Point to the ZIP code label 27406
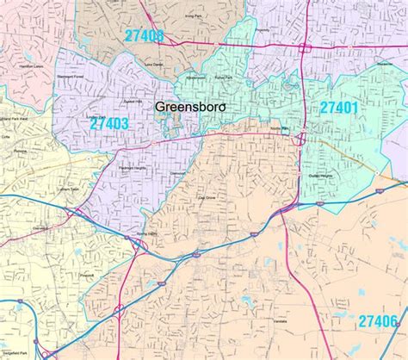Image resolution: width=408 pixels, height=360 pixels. click(x=379, y=320)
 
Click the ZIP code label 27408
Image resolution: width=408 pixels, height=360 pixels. click(x=144, y=35)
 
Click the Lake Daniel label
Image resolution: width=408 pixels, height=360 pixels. click(x=153, y=64)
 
